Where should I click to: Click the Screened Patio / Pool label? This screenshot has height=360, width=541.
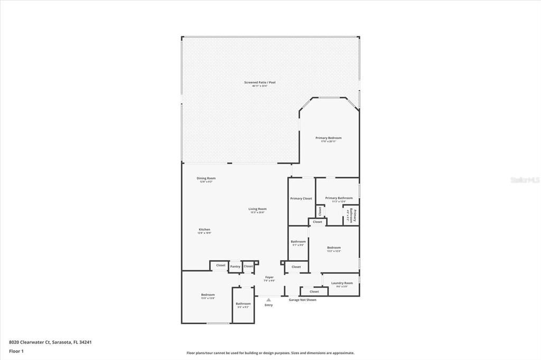click(x=260, y=82)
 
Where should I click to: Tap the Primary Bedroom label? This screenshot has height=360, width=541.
click(x=329, y=138)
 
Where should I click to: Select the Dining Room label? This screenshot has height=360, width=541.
click(x=206, y=178)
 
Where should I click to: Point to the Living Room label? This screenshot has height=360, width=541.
click(x=258, y=209)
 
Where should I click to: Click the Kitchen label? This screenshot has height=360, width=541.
click(x=204, y=230)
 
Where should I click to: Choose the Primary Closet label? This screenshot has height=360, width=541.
click(x=301, y=198)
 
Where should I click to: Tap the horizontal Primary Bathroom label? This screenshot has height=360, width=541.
click(x=339, y=198)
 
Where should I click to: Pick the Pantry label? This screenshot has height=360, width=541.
click(x=235, y=267)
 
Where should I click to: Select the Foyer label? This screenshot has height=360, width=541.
click(x=269, y=277)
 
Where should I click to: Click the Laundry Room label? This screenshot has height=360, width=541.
click(x=342, y=283)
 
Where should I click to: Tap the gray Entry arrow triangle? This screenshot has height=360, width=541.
click(x=268, y=300)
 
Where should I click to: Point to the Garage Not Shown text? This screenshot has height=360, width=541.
click(x=303, y=300)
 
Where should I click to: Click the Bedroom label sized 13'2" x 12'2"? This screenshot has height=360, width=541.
click(x=334, y=248)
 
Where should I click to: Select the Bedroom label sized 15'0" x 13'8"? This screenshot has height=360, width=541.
click(x=208, y=295)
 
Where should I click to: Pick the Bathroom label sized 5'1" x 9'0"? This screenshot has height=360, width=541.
click(x=299, y=242)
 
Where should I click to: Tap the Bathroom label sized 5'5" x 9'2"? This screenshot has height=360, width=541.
click(x=244, y=304)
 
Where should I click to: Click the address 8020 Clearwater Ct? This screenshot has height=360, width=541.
click(x=50, y=342)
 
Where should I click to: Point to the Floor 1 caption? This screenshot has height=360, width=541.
click(x=16, y=351)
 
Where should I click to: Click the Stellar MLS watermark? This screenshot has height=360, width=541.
click(x=525, y=180)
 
